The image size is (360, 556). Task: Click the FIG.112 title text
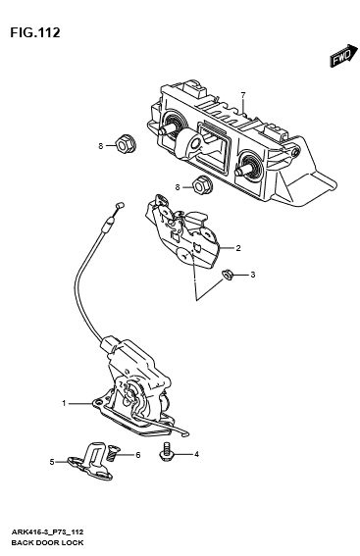tap(35, 32)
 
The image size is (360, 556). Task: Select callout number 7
tap(243, 94)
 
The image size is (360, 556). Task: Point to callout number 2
tap(237, 249)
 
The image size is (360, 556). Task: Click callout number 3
tap(252, 275)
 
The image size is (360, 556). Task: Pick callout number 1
tap(64, 403)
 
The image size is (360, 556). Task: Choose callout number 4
tap(195, 454)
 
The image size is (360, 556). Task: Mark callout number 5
tap(52, 461)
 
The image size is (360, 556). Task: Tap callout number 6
tap(138, 454)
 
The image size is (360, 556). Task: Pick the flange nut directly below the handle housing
tap(200, 185)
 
